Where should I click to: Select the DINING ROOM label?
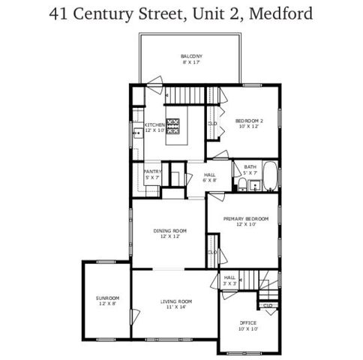(170, 232)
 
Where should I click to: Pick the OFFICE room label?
(248, 325)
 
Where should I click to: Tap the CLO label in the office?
(267, 305)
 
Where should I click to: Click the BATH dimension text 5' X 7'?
(250, 172)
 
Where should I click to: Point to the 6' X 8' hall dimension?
(210, 180)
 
